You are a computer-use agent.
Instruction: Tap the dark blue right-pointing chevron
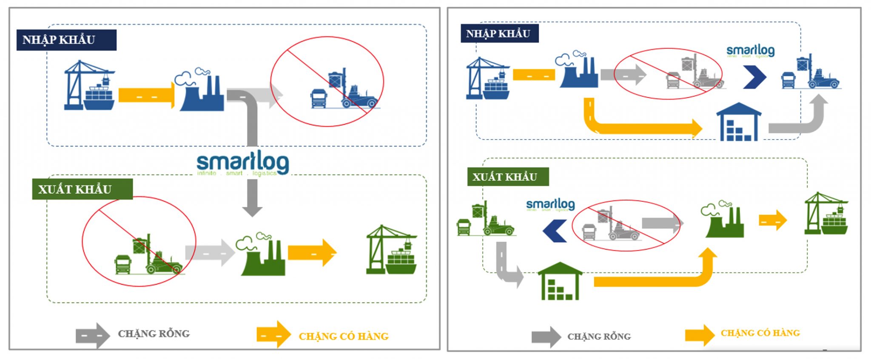tap(754, 77)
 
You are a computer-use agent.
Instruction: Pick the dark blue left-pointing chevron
tap(555, 231)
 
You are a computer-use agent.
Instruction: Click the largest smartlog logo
tap(242, 163)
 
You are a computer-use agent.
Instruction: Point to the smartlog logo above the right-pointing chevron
tap(751, 51)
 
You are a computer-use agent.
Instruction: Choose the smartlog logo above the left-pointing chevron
tap(550, 205)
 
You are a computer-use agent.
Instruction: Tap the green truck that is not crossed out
tap(464, 227)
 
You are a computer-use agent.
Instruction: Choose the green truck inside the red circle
tap(123, 264)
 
